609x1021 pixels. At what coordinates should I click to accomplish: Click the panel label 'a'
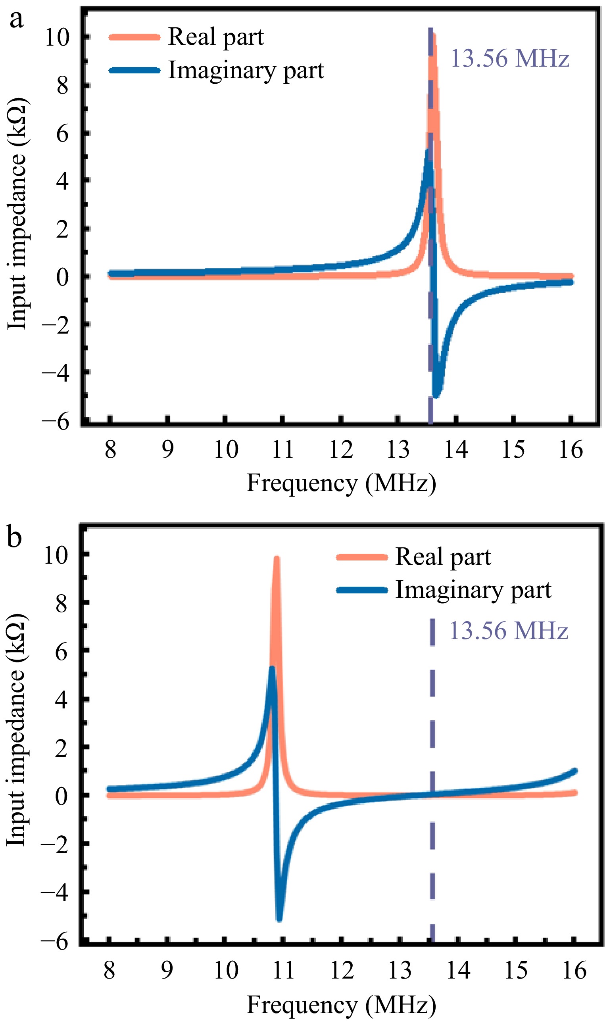[16, 19]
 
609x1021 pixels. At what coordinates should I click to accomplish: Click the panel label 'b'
[14, 537]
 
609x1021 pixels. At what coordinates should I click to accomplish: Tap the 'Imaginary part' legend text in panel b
[473, 590]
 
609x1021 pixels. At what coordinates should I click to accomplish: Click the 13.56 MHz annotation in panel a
[510, 58]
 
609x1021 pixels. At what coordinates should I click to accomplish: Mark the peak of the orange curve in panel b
[277, 559]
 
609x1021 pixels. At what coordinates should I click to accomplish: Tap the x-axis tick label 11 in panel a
[283, 449]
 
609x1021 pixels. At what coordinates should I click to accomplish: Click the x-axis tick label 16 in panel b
[574, 971]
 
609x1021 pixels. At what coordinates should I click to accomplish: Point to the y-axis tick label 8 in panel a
[62, 86]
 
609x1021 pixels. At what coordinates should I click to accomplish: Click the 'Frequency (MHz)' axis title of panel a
[341, 483]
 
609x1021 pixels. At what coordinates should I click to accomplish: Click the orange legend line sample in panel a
[134, 37]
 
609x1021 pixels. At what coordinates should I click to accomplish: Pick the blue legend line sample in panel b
[362, 590]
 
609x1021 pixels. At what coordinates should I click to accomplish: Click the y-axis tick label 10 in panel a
[57, 38]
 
